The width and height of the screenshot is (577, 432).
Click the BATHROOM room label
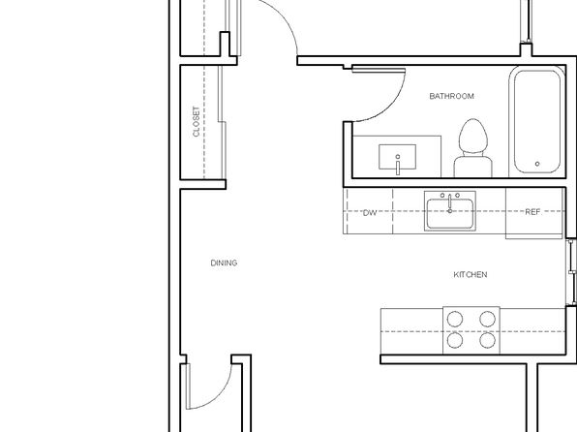click(451, 96)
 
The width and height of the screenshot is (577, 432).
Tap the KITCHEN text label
click(471, 274)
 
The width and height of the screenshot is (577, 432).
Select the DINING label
click(224, 262)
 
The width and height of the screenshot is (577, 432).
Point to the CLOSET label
click(197, 121)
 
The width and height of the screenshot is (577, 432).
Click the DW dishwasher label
click(370, 213)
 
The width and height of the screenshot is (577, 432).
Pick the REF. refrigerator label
click(533, 212)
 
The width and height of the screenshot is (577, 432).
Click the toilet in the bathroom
click(473, 147)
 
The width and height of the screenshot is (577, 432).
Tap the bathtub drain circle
click(537, 164)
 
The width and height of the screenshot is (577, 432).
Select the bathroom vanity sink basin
click(398, 157)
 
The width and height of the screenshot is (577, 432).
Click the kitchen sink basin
click(450, 214)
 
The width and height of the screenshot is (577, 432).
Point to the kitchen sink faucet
click(449, 203)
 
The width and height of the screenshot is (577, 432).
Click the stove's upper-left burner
click(455, 319)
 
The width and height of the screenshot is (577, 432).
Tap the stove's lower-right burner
click(487, 340)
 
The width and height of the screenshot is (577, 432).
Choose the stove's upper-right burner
click(487, 319)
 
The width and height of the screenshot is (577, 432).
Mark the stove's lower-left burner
click(455, 340)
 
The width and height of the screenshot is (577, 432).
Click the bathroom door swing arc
click(390, 107)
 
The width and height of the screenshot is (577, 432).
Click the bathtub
click(537, 121)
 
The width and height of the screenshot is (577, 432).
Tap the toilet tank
click(473, 167)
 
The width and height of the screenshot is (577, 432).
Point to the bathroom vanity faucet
click(398, 165)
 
